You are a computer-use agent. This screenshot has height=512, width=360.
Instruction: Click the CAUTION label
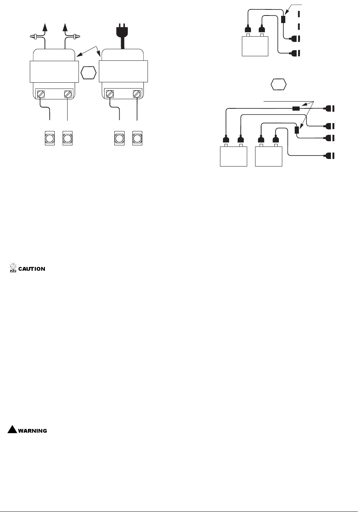click(x=32, y=269)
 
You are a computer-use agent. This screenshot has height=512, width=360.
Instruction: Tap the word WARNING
click(x=32, y=430)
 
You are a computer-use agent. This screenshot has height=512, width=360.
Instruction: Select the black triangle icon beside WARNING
click(x=12, y=429)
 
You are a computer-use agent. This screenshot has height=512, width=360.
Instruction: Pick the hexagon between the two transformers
click(x=89, y=72)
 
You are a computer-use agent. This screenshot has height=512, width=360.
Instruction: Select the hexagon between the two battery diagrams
click(x=278, y=84)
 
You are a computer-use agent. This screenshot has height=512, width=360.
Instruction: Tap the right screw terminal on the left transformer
click(x=68, y=94)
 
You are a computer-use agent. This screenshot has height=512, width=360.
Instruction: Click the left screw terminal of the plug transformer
click(x=110, y=94)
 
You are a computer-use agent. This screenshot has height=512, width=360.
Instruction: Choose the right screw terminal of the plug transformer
click(x=137, y=94)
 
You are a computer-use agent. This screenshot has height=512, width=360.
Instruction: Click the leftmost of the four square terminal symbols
click(x=50, y=138)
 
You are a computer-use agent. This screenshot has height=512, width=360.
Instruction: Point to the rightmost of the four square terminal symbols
click(x=137, y=138)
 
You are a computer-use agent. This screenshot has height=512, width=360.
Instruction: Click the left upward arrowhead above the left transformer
click(x=45, y=28)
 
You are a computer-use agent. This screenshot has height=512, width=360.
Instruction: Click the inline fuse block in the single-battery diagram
click(x=283, y=19)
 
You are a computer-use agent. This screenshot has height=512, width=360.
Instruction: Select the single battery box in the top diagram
click(x=255, y=46)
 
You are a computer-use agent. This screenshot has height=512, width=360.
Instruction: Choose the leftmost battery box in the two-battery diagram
click(x=234, y=156)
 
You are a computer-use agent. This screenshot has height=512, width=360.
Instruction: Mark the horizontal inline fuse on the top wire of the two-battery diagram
click(x=296, y=109)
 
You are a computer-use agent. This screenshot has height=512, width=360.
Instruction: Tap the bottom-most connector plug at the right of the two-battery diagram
click(x=329, y=155)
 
